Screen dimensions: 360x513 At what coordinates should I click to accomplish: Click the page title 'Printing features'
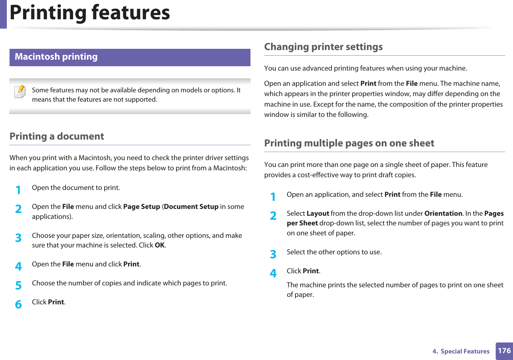(90, 13)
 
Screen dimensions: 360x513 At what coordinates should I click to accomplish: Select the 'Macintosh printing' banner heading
(56, 57)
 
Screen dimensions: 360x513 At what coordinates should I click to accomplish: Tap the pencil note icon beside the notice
(20, 92)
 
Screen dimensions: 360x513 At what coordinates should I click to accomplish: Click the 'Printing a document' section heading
(57, 136)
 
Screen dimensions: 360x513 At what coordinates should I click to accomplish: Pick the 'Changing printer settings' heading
(323, 47)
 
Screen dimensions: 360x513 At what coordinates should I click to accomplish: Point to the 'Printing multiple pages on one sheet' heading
(349, 143)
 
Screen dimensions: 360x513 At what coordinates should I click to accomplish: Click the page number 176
(504, 351)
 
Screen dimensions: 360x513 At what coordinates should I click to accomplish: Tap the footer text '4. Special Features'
(461, 351)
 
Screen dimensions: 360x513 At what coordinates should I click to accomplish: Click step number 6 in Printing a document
(18, 304)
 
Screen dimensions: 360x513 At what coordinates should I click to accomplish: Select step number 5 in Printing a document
(18, 285)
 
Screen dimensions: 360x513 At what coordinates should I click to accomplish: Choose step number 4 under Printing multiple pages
(273, 273)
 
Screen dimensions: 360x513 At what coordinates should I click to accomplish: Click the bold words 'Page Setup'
(141, 207)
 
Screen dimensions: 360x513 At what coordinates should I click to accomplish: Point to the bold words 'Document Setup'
(191, 207)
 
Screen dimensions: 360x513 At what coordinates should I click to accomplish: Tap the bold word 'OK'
(159, 245)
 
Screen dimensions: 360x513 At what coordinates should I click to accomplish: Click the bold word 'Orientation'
(443, 214)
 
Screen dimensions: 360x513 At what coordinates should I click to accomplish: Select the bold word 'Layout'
(318, 214)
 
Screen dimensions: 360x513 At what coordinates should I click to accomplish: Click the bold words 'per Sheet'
(302, 223)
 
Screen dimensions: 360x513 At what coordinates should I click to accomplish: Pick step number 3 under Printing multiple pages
(273, 254)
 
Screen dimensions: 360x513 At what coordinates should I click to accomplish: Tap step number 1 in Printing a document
(18, 190)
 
